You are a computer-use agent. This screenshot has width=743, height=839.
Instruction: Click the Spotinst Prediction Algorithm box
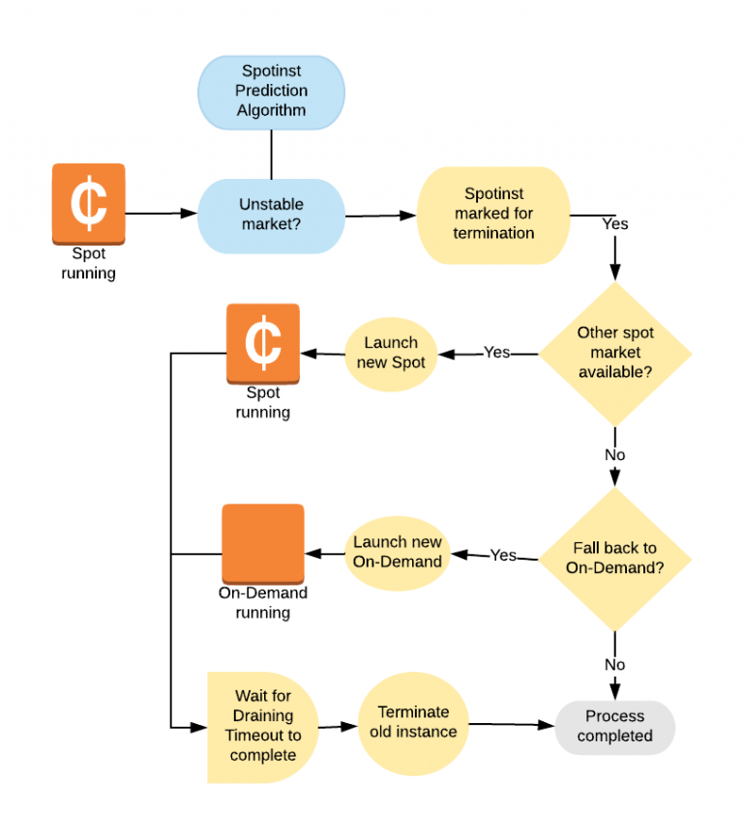tap(271, 92)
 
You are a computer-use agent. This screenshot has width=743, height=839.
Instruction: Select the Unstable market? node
tap(271, 215)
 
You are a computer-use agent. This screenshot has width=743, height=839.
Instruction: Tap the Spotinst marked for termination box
tap(493, 214)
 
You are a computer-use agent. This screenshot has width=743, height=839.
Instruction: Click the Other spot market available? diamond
tap(615, 353)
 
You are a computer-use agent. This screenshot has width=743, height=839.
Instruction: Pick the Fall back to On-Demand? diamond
tap(615, 559)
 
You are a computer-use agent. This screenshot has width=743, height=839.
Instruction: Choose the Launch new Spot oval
tap(391, 352)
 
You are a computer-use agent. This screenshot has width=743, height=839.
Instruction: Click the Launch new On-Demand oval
tap(397, 552)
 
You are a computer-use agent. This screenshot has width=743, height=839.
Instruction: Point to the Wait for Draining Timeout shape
tap(261, 725)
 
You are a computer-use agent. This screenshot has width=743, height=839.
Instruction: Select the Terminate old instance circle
tap(413, 722)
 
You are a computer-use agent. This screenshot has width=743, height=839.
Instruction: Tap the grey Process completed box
tap(614, 726)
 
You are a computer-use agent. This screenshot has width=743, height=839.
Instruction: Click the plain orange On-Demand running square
tap(263, 543)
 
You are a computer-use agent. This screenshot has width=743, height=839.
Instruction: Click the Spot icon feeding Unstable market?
tap(88, 202)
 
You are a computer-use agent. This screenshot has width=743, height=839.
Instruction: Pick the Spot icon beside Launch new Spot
tap(263, 344)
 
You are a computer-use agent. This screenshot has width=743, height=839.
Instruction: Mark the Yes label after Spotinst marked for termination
tap(615, 223)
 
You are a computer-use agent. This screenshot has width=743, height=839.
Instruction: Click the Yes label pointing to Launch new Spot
tap(496, 353)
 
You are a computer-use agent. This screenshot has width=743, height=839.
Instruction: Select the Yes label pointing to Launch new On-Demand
tap(503, 556)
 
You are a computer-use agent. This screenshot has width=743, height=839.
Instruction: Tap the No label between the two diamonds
tap(615, 454)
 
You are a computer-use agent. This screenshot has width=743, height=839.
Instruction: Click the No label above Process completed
tap(615, 665)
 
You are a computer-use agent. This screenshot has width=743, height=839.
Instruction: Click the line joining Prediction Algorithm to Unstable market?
tap(271, 154)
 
